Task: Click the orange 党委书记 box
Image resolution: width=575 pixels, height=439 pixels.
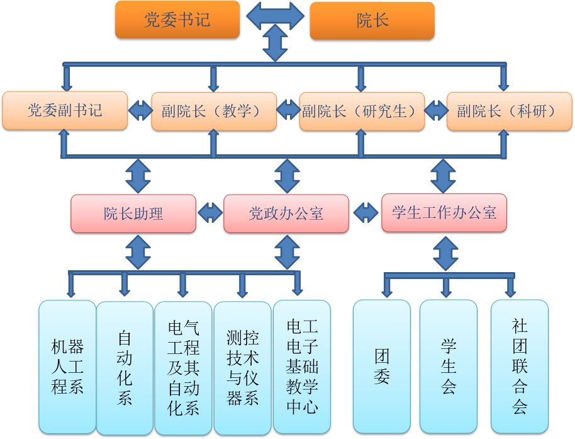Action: point(177,20)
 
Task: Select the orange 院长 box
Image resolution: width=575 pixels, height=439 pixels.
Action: point(372,21)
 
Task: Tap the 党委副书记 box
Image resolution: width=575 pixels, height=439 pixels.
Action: point(65,111)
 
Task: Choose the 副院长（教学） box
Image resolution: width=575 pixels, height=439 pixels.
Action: point(214,111)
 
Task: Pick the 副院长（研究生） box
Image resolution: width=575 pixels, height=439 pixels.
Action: point(361,111)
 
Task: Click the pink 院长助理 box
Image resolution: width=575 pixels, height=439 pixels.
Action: point(133,214)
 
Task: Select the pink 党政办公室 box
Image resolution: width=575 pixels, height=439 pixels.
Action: point(286,214)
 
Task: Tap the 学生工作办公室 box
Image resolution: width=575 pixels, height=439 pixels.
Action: point(444,212)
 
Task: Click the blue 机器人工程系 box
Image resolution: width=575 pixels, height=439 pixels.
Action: point(67,367)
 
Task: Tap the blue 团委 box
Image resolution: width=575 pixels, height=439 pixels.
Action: point(382,366)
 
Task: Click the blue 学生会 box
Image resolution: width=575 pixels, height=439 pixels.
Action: point(449,366)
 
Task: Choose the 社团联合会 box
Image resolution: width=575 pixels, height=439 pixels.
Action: point(520,366)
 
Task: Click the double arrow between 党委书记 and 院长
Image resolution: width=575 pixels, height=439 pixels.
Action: point(275,16)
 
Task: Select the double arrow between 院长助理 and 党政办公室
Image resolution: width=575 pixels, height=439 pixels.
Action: point(210,213)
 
